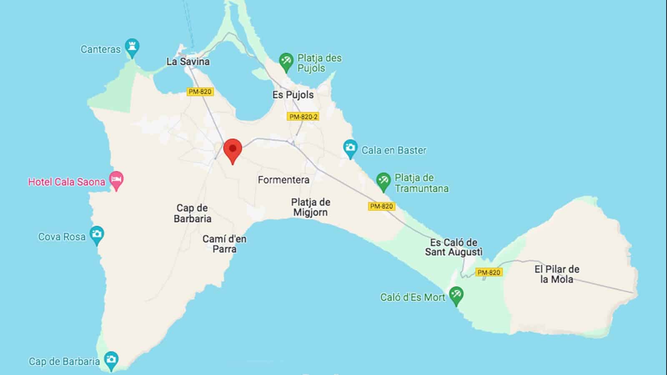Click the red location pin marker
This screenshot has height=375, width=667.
(233, 150)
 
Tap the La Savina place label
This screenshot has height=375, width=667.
(188, 62)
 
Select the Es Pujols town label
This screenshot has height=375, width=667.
(293, 95)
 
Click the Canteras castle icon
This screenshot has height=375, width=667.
(132, 47)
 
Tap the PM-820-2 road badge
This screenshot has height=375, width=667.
(303, 117)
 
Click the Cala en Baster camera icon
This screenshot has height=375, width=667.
(350, 148)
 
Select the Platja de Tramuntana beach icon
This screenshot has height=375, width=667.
(383, 181)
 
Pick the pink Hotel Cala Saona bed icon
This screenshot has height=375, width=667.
(116, 180)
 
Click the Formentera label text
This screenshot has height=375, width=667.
(283, 180)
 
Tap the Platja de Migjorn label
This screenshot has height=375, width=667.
(311, 207)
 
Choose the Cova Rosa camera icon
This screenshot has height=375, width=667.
(97, 234)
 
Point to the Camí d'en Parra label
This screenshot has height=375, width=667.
(224, 244)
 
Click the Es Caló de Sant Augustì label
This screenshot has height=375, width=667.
(454, 247)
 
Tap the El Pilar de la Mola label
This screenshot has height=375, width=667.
(557, 274)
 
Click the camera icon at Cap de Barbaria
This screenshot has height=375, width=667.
(111, 360)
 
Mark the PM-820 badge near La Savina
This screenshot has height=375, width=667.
(200, 92)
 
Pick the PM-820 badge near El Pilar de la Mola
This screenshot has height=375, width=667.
(489, 272)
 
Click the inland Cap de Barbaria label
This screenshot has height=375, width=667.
(193, 213)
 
